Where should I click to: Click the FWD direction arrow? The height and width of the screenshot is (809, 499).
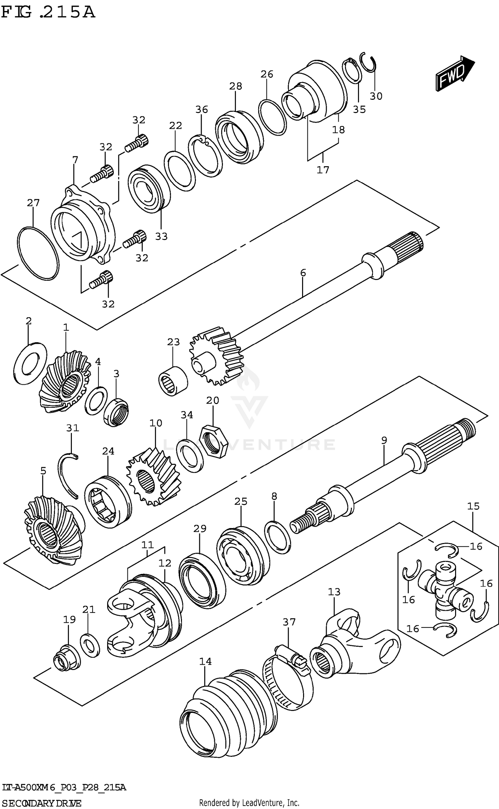[x=455, y=73]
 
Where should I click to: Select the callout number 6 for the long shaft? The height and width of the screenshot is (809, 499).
[x=303, y=273]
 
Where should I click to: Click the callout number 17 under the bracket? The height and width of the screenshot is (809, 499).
[x=323, y=170]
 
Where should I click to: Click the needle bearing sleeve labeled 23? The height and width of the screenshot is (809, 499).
[x=173, y=381]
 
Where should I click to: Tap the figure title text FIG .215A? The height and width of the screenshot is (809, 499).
[x=48, y=13]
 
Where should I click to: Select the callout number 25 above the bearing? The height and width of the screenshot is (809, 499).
[x=241, y=501]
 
